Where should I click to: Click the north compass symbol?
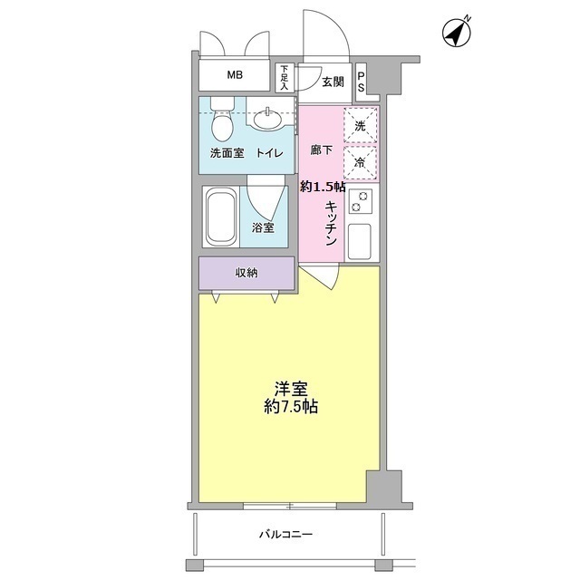tap(457, 33)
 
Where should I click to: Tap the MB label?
tap(235, 75)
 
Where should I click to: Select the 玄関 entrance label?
tap(333, 82)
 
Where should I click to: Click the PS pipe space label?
tap(361, 82)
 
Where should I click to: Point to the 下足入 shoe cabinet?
tap(284, 78)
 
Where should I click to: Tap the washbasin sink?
tap(268, 119)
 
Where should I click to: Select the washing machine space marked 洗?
tap(361, 125)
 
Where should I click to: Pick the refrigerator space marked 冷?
tap(361, 163)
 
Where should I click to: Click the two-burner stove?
tap(360, 201)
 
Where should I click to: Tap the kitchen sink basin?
tap(359, 242)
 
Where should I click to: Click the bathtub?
tap(221, 217)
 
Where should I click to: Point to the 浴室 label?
tap(264, 227)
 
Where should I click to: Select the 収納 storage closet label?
tap(246, 273)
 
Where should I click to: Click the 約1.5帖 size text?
tap(323, 187)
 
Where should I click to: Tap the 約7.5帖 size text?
tap(291, 407)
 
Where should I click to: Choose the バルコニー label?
tap(286, 535)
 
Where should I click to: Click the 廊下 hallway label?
tap(321, 150)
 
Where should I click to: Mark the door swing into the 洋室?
tap(321, 278)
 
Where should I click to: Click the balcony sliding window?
tap(290, 506)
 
